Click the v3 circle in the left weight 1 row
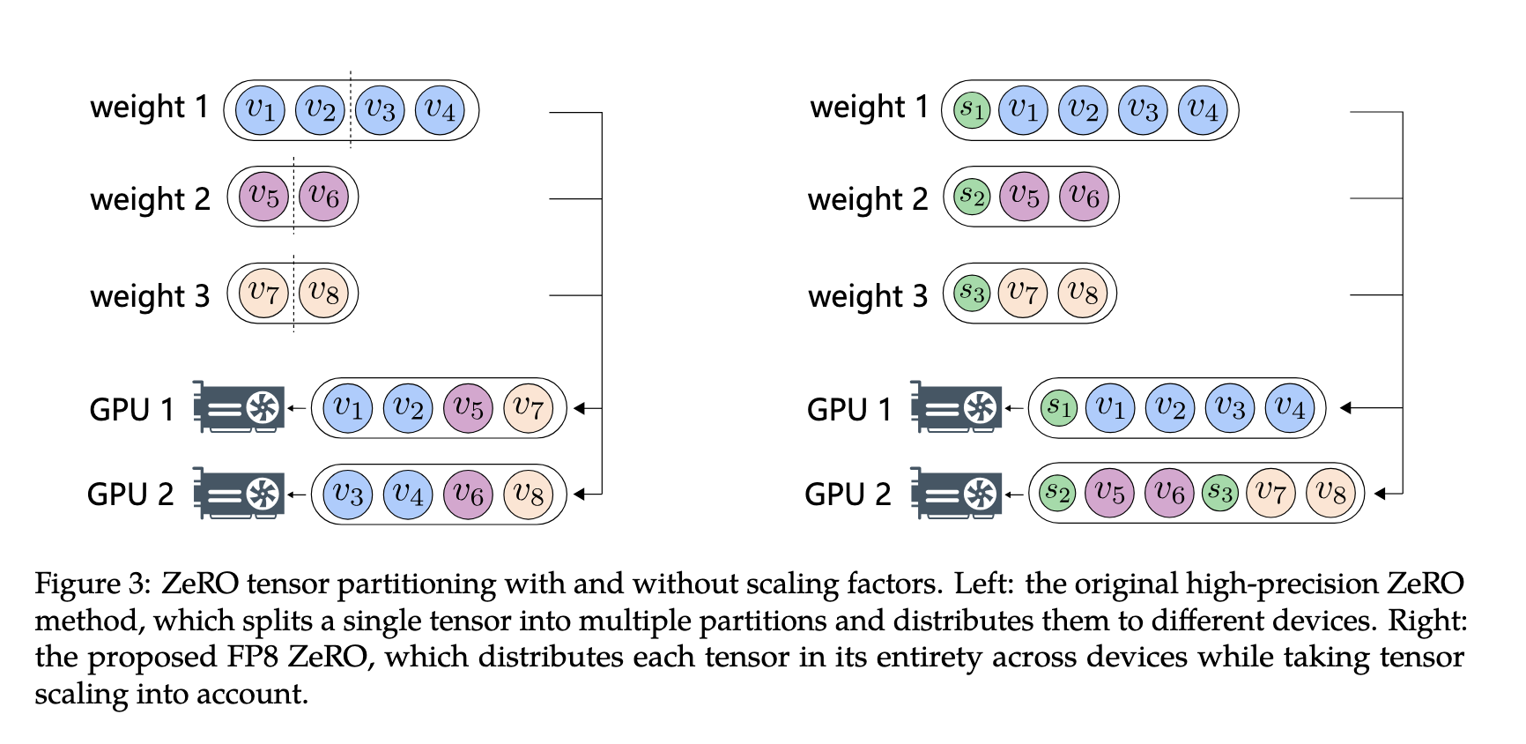pyautogui.click(x=380, y=110)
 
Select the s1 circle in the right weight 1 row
pyautogui.click(x=972, y=110)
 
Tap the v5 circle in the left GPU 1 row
pyautogui.click(x=468, y=408)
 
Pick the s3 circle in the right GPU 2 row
pyautogui.click(x=1219, y=493)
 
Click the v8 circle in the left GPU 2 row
pyautogui.click(x=528, y=494)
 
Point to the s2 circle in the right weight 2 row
pyautogui.click(x=972, y=197)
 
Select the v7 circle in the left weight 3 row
pyautogui.click(x=263, y=293)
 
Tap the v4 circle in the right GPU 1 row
pyautogui.click(x=1290, y=408)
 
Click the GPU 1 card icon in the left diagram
pyautogui.click(x=240, y=407)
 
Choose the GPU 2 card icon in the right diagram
pyautogui.click(x=957, y=493)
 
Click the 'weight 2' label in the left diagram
pyautogui.click(x=150, y=199)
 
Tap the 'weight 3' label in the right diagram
pyautogui.click(x=868, y=296)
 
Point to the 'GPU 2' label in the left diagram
pyautogui.click(x=130, y=495)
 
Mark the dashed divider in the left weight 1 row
pyautogui.click(x=351, y=110)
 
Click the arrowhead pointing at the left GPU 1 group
pyautogui.click(x=580, y=408)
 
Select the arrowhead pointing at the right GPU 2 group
pyautogui.click(x=1381, y=494)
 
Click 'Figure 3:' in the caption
pyautogui.click(x=92, y=584)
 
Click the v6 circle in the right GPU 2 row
pyautogui.click(x=1169, y=493)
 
